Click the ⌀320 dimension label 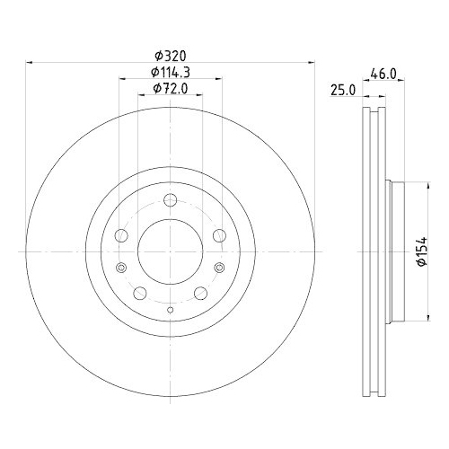pos(171,54)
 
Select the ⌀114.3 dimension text pos(171,71)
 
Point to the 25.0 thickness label pos(342,90)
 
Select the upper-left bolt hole pos(121,236)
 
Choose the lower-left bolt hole pos(139,294)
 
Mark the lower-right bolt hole pos(201,294)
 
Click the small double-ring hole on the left pos(121,268)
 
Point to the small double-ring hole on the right pos(220,268)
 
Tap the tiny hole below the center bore pos(171,310)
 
